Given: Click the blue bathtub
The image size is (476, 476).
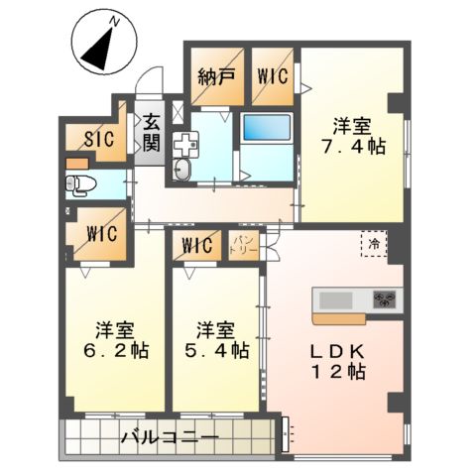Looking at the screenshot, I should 266,128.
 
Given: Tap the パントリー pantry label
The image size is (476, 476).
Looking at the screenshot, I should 245,245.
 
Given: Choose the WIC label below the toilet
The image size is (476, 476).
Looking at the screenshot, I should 101,235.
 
